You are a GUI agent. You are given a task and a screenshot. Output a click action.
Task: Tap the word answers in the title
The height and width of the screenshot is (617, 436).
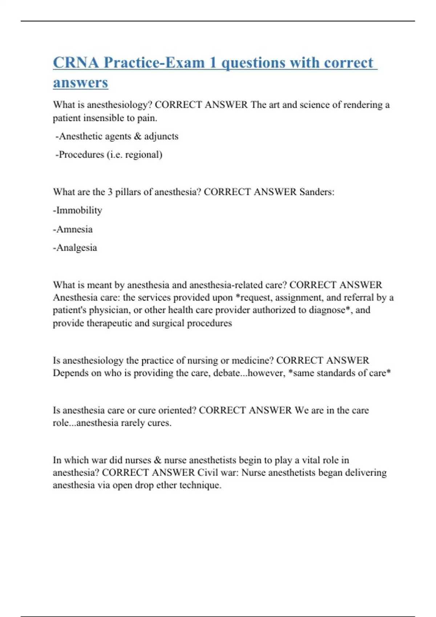click(x=80, y=83)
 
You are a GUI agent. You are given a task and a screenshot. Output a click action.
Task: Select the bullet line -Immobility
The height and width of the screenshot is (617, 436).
click(x=77, y=210)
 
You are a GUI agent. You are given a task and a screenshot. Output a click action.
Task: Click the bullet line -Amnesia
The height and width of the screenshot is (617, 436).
click(x=73, y=229)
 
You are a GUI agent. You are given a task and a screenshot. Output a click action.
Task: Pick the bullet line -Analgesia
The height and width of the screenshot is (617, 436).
click(x=75, y=248)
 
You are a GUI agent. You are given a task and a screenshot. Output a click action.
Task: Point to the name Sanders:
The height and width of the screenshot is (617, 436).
click(x=316, y=192)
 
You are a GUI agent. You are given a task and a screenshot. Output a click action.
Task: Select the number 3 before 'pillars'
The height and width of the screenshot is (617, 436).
click(x=110, y=192)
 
